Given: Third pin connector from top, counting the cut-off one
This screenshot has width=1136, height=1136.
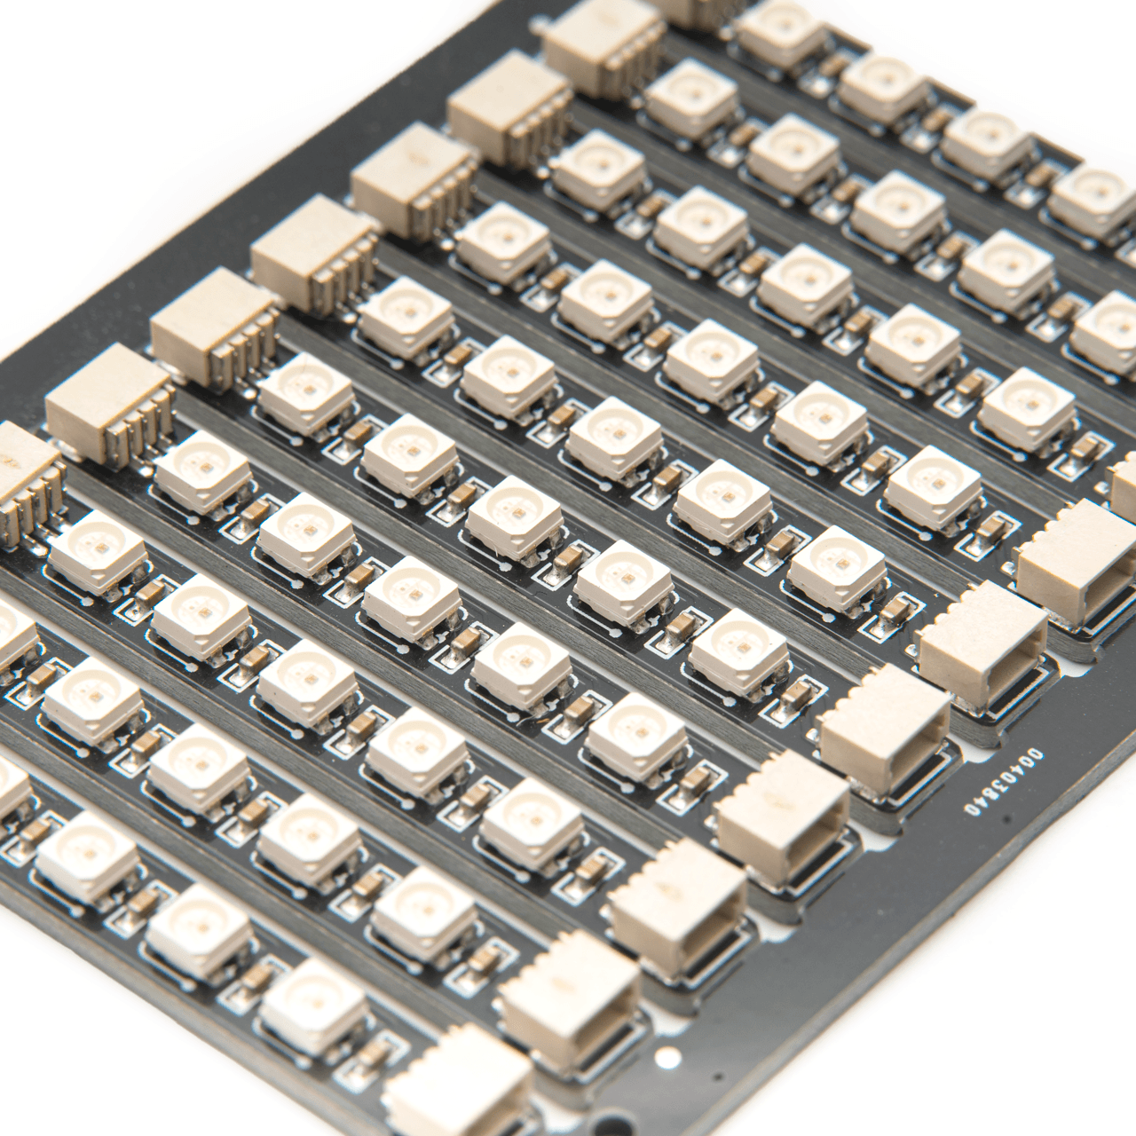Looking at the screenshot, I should [508, 106].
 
